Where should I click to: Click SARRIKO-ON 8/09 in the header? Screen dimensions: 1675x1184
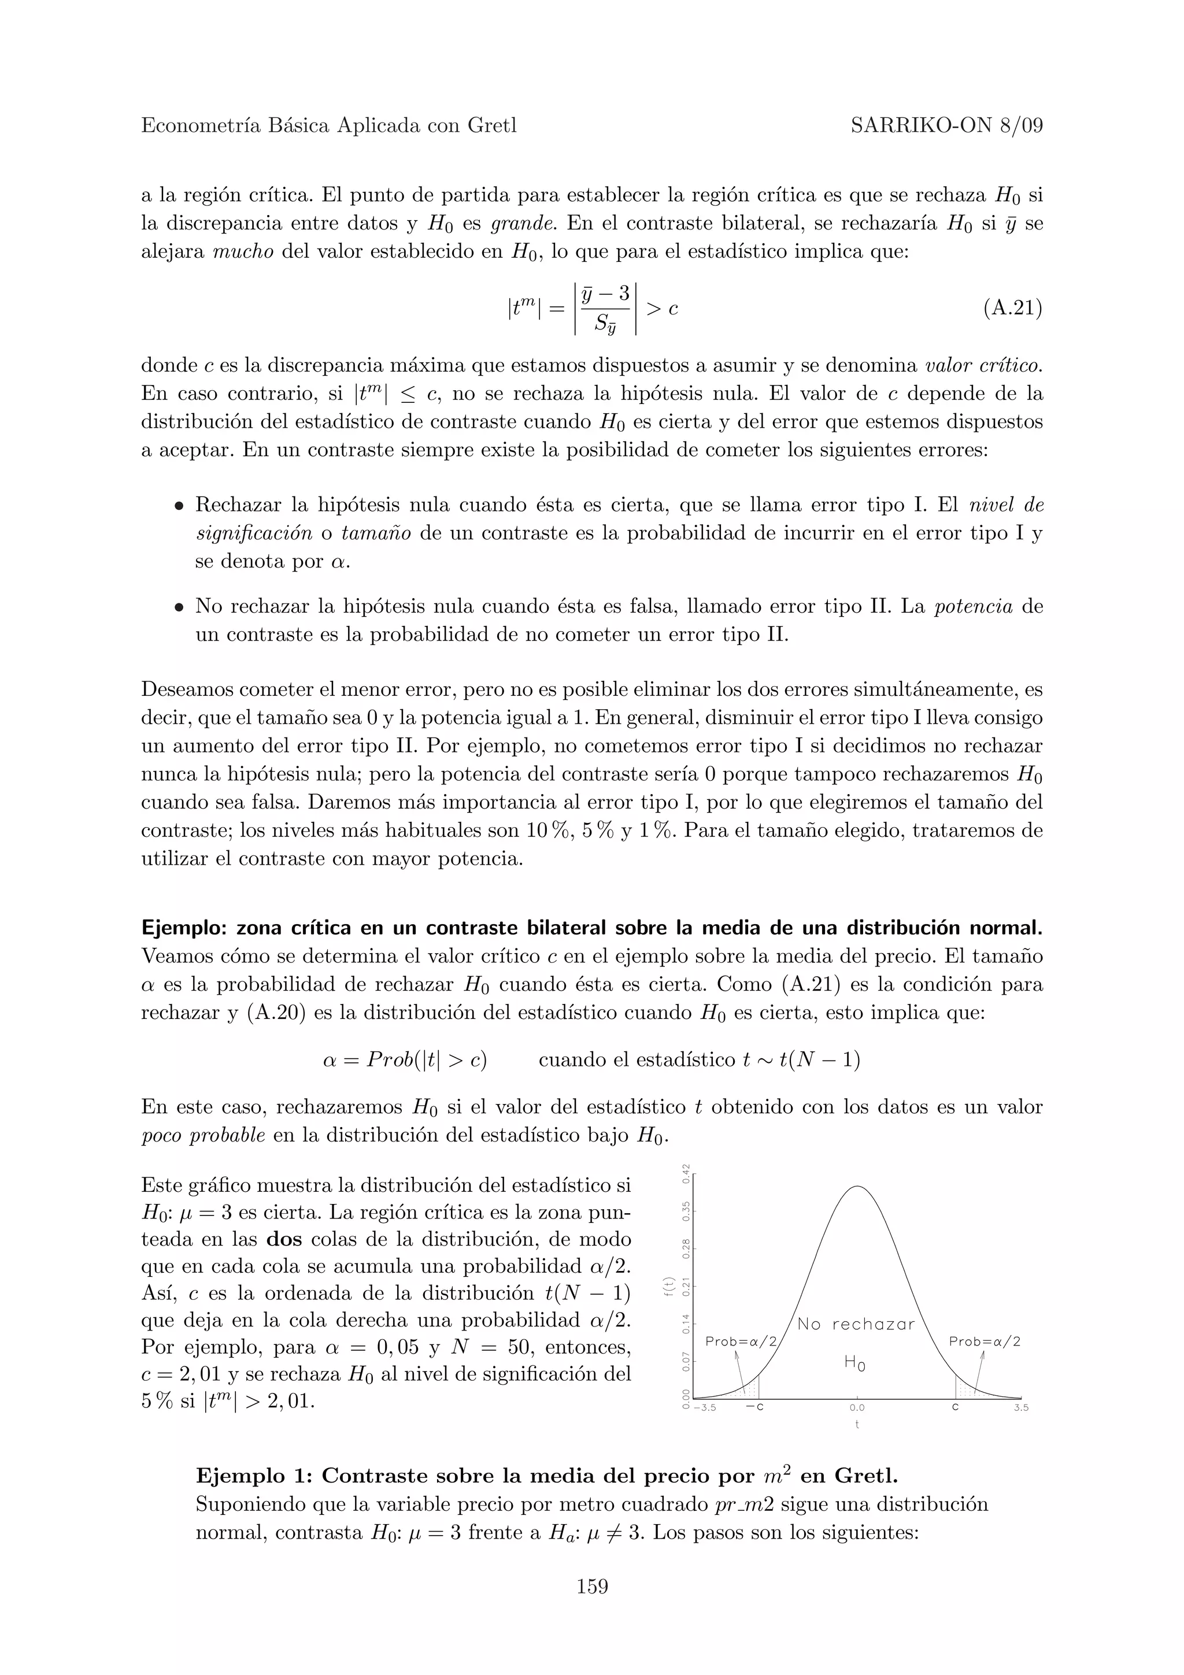pyautogui.click(x=946, y=126)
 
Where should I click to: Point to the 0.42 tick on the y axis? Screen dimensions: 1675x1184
pyautogui.click(x=686, y=1172)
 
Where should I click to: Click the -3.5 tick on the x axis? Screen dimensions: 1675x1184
pyautogui.click(x=705, y=1408)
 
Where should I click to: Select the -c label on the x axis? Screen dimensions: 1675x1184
pyautogui.click(x=755, y=1408)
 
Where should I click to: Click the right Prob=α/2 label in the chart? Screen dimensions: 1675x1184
pyautogui.click(x=984, y=1342)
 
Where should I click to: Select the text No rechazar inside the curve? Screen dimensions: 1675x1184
pyautogui.click(x=856, y=1325)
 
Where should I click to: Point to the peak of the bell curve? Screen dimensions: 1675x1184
pyautogui.click(x=858, y=1187)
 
